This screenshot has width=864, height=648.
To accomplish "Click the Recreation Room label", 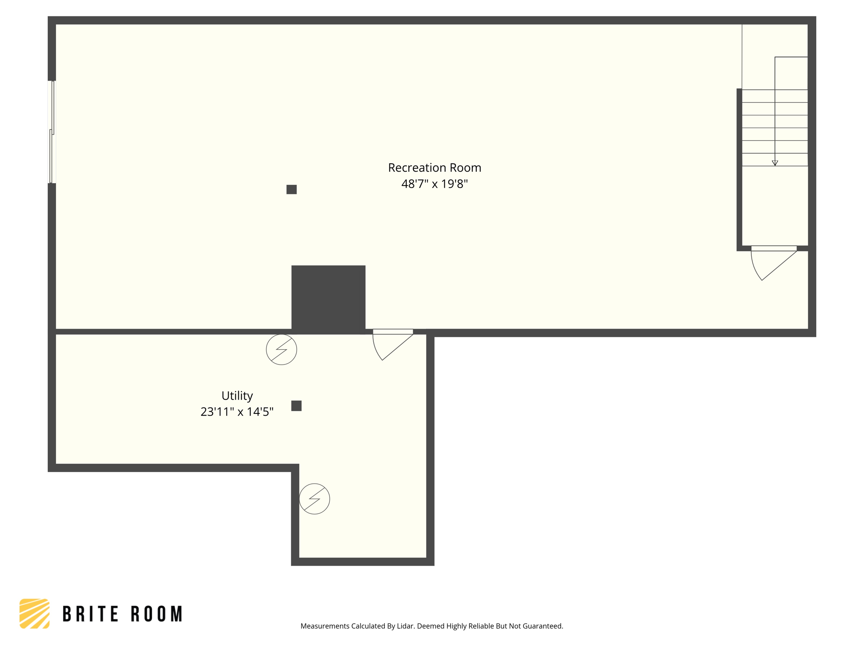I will [x=435, y=168].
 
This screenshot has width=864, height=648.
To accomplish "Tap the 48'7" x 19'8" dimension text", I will [x=435, y=184].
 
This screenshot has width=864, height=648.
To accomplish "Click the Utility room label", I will [x=237, y=396].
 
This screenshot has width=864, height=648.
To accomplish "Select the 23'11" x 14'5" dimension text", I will [x=237, y=412].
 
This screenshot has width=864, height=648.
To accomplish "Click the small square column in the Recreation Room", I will [x=292, y=189].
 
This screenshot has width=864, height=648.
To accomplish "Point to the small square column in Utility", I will [x=297, y=406].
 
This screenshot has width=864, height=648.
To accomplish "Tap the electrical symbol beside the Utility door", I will [x=281, y=349].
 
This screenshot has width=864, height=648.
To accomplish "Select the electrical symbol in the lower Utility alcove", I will [x=315, y=499].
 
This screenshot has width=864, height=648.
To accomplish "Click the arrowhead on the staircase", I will [x=775, y=163].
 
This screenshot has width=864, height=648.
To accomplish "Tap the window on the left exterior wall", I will [x=52, y=132].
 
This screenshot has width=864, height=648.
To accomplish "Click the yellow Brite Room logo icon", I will [x=35, y=613].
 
